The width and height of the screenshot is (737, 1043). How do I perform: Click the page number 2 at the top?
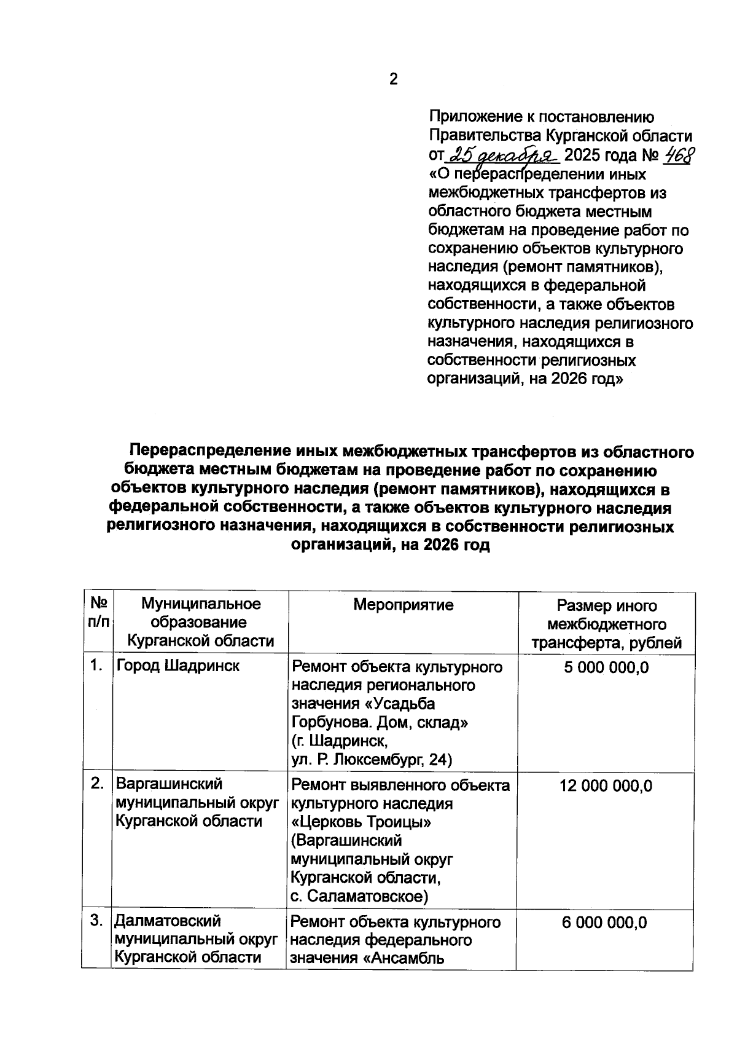point(393,79)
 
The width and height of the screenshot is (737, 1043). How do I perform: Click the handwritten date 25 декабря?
point(502,154)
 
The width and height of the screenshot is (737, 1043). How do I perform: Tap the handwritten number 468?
point(676,154)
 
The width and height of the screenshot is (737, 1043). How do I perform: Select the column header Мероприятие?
point(403,605)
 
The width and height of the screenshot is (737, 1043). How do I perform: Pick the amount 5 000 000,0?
point(606,667)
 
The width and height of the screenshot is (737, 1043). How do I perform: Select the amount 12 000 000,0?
point(606,785)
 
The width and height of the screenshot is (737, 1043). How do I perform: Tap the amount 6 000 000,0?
point(604,923)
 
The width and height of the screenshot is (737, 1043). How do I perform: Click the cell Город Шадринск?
point(178,666)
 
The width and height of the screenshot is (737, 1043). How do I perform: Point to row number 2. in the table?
point(97,784)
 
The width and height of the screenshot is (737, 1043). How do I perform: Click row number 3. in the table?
point(96,921)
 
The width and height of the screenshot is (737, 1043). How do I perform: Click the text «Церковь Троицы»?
point(361,822)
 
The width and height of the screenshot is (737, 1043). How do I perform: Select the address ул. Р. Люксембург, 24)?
point(371,760)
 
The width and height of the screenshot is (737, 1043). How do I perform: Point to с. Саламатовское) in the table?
point(359,897)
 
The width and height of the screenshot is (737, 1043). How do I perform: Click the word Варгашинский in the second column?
point(169,784)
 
